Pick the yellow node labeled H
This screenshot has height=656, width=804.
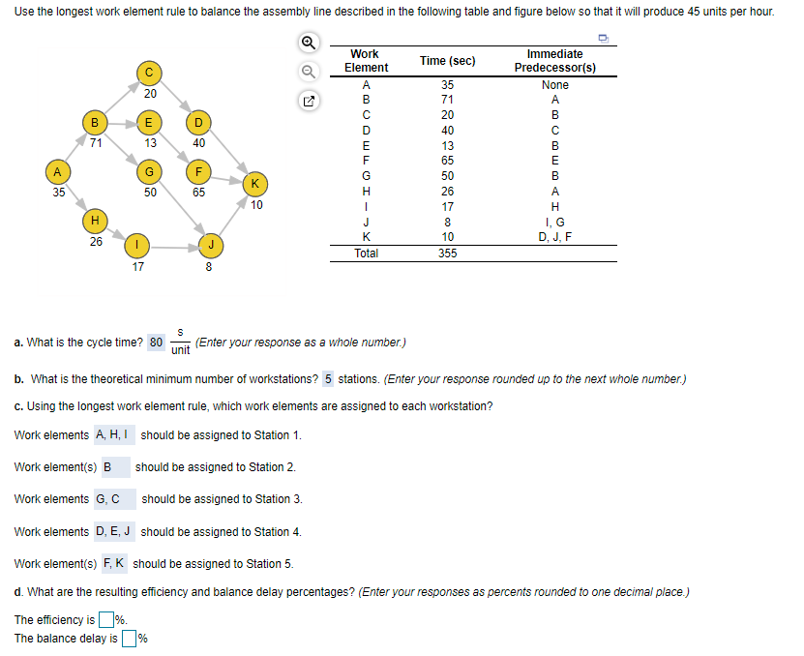coord(93,222)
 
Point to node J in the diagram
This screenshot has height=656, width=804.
coord(209,244)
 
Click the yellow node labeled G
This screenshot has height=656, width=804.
coord(149,172)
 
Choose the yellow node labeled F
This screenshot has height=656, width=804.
coord(198,172)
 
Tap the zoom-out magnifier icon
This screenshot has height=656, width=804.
coord(308,71)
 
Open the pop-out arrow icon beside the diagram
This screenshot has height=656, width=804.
coord(308,100)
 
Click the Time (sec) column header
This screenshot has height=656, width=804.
coord(446,61)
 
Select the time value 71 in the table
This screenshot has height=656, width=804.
coord(446,100)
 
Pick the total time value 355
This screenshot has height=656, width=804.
coord(446,253)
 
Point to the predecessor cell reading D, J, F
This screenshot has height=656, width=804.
coord(554,237)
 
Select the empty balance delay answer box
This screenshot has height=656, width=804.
coord(129,638)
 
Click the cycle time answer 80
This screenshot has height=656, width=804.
coord(158,342)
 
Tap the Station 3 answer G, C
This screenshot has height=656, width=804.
coord(107,499)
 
